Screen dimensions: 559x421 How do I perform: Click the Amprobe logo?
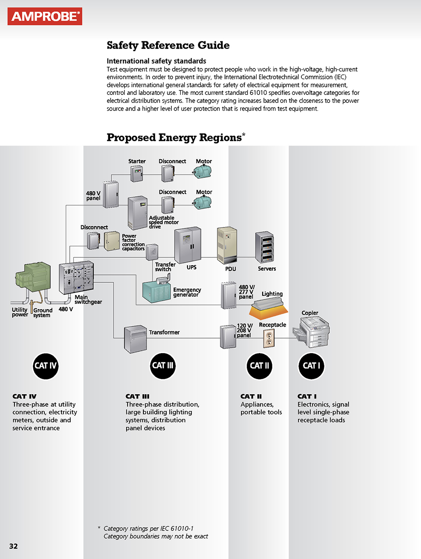click(45, 17)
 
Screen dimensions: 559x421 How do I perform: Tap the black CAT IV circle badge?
click(46, 366)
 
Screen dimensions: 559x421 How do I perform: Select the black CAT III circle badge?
click(163, 366)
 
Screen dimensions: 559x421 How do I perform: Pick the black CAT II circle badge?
click(260, 366)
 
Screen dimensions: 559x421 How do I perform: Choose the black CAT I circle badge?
click(311, 366)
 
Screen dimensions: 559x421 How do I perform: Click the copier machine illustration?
click(314, 332)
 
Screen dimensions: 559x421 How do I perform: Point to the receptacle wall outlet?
click(269, 339)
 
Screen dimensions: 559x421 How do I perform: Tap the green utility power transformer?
click(34, 276)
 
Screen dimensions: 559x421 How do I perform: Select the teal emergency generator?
click(157, 291)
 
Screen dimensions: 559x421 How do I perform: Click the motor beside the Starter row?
click(203, 172)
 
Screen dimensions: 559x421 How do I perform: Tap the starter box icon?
click(137, 173)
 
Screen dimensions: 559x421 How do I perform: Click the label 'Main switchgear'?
click(88, 299)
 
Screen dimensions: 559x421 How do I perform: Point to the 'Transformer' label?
click(164, 332)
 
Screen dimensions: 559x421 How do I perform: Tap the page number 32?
click(14, 546)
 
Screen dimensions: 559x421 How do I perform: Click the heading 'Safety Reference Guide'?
click(168, 45)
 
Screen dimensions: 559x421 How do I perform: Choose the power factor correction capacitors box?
click(112, 241)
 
